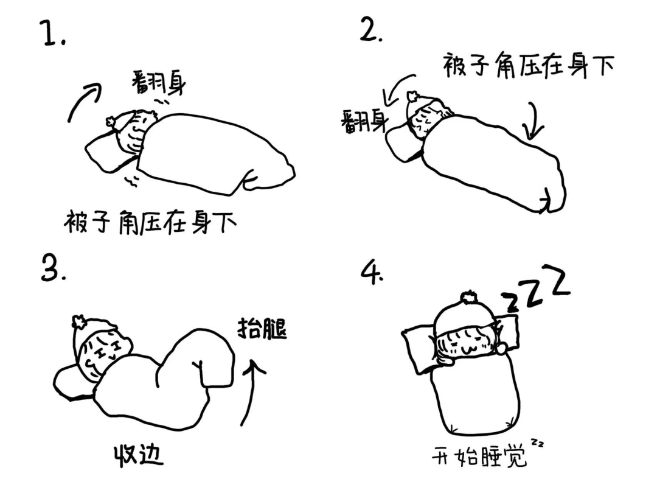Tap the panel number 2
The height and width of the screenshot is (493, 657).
[370, 30]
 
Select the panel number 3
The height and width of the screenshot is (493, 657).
[53, 269]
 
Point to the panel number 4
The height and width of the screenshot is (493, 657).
[371, 273]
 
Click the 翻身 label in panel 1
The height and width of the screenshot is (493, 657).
[159, 83]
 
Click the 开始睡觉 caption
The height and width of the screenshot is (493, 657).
[479, 456]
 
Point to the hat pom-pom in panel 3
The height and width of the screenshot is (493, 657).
[78, 321]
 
